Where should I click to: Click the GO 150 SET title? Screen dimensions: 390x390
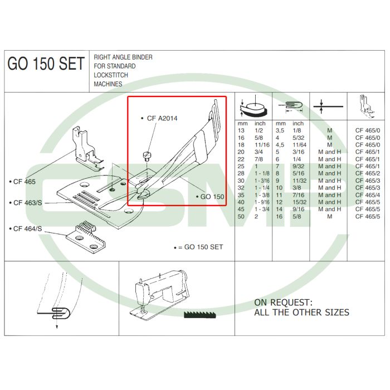pyautogui.click(x=46, y=65)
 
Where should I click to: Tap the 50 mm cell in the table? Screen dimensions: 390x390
pyautogui.click(x=241, y=217)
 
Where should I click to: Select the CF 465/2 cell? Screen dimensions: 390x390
pyautogui.click(x=367, y=173)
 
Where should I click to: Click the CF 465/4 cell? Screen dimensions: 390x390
pyautogui.click(x=367, y=195)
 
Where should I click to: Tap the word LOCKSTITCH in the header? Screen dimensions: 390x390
pyautogui.click(x=110, y=75)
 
